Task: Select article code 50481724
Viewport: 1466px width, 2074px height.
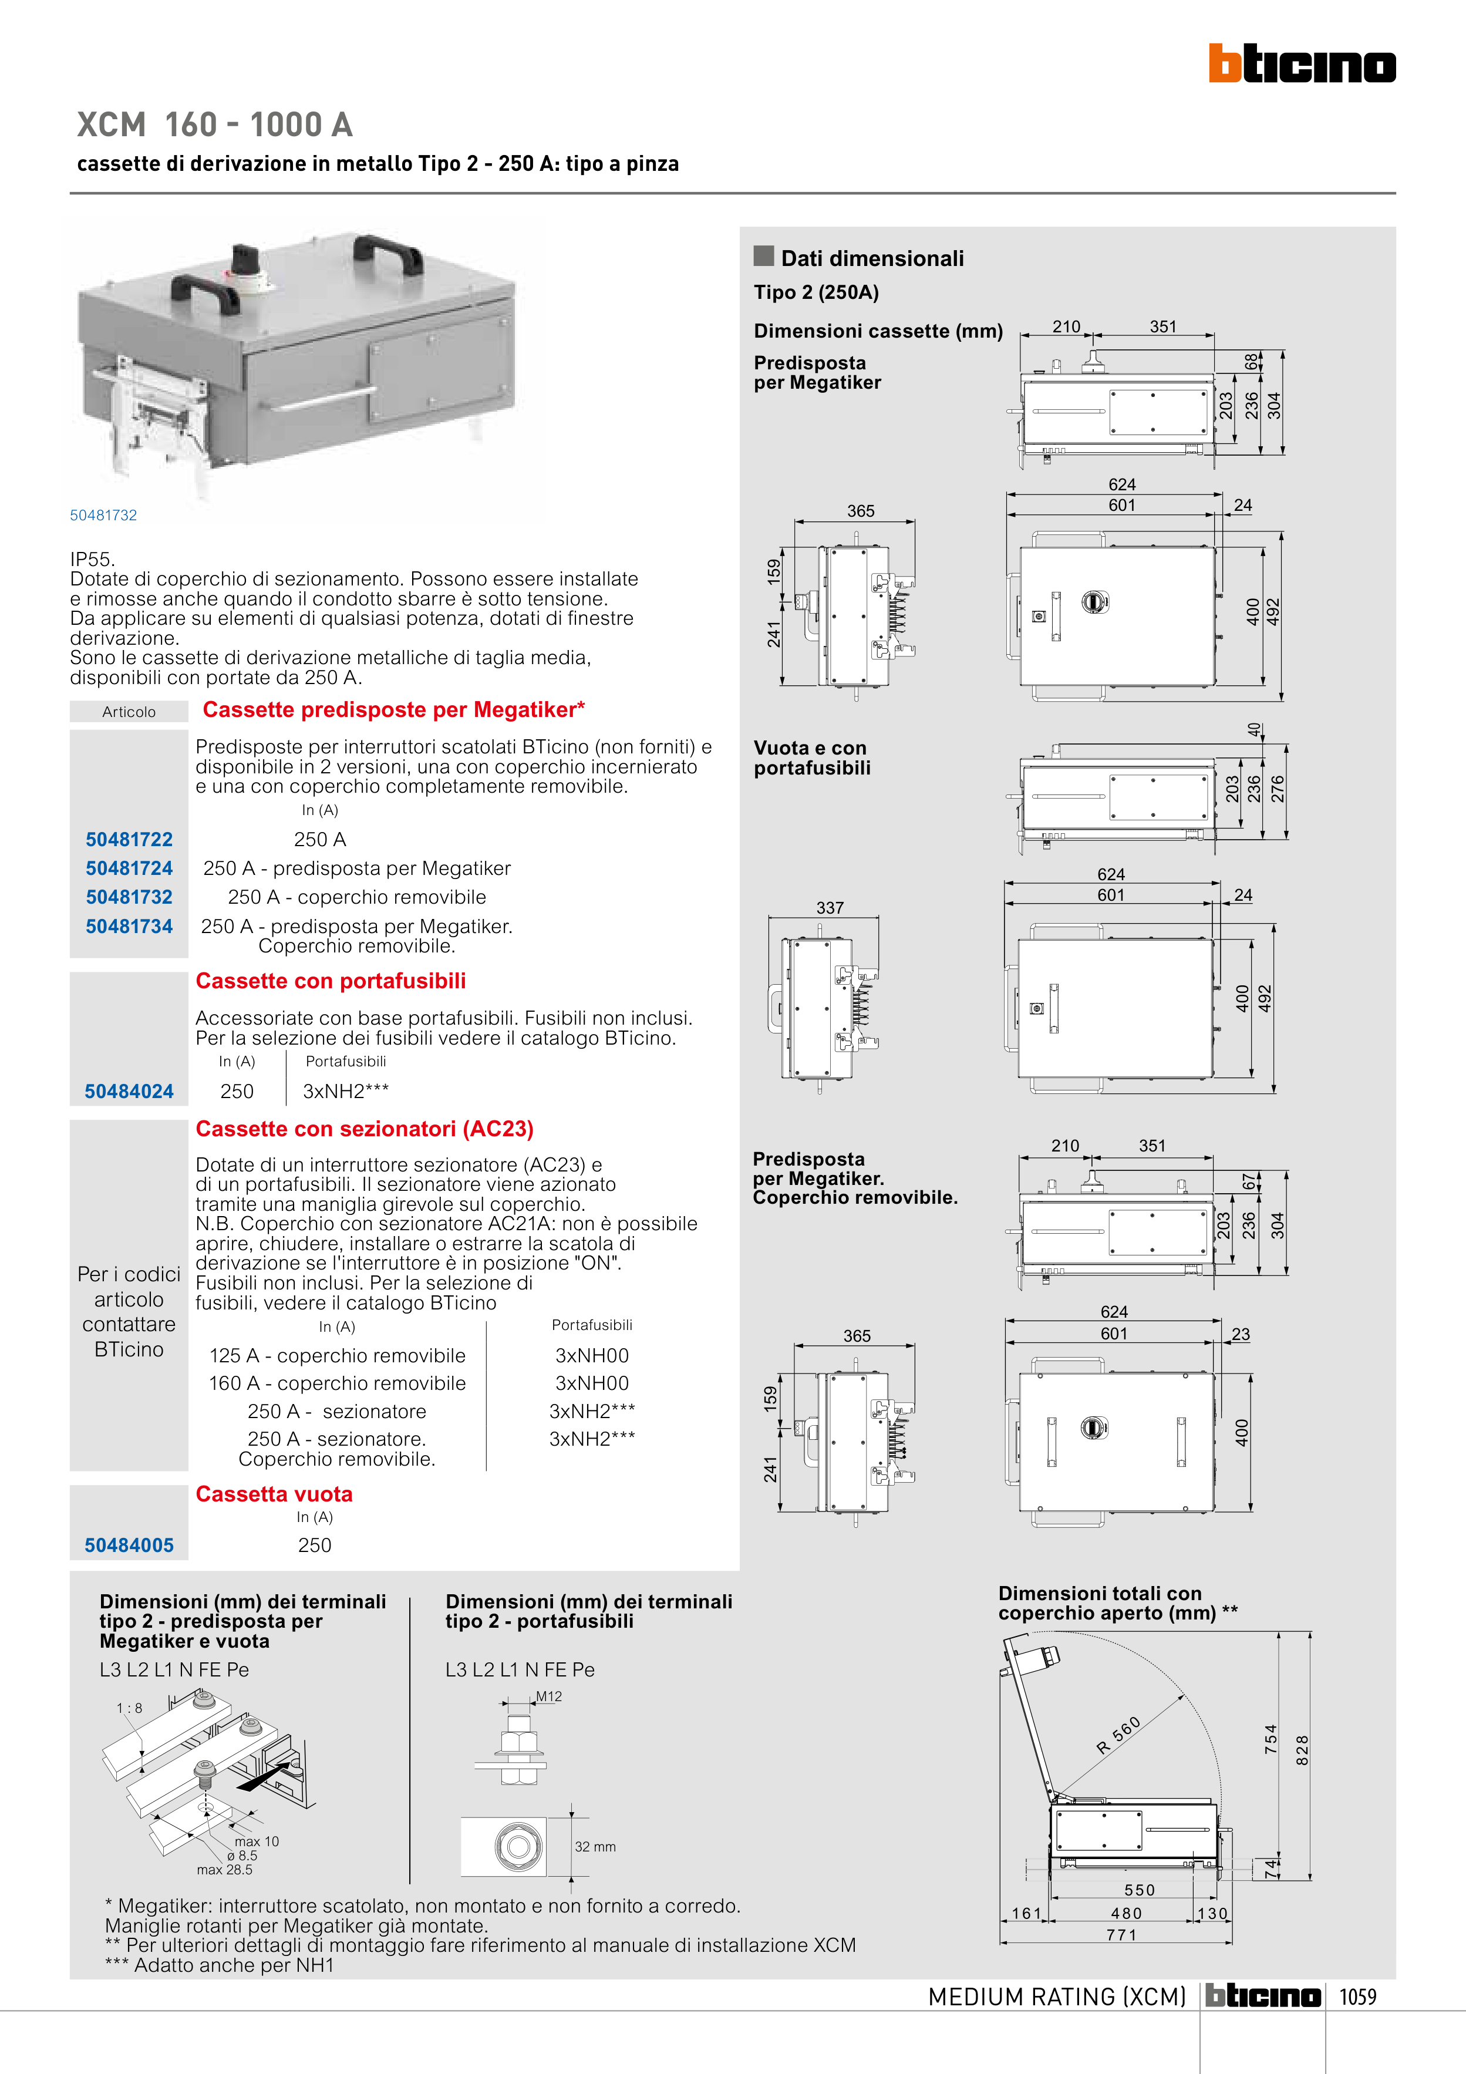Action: point(129,868)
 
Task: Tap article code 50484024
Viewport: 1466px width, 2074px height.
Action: point(129,1091)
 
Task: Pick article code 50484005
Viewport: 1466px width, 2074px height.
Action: point(129,1546)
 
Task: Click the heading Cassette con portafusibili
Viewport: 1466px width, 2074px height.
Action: point(331,981)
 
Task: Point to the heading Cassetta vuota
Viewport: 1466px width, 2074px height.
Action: point(274,1494)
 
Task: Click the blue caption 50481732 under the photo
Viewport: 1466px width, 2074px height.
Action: point(104,515)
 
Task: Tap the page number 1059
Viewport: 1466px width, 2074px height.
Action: point(1357,1997)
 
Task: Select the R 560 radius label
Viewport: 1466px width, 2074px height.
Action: point(1119,1735)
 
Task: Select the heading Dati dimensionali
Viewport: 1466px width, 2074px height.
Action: point(872,258)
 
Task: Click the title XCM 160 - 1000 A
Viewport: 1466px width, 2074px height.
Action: point(215,124)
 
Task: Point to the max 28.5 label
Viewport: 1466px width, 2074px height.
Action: point(225,1870)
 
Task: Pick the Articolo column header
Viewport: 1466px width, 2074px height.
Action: point(129,712)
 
